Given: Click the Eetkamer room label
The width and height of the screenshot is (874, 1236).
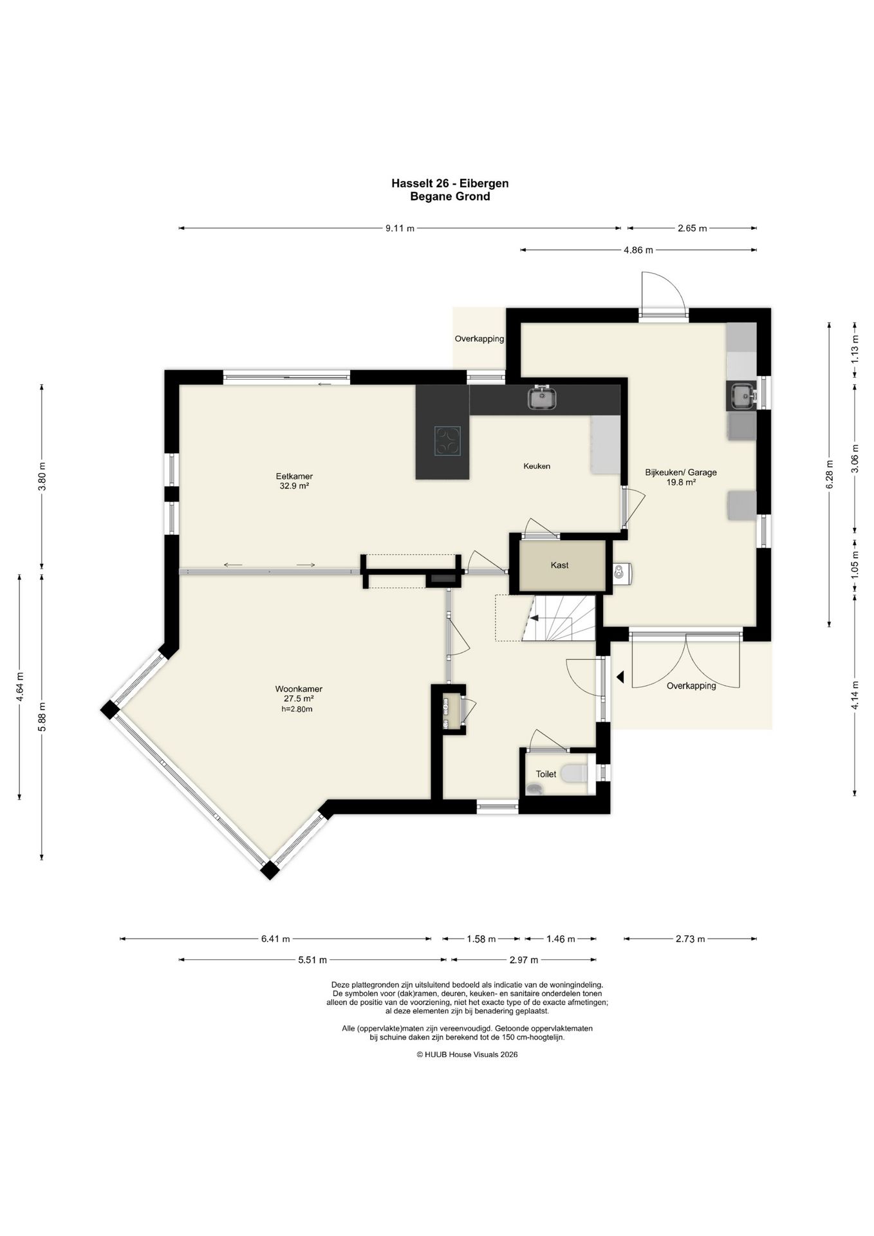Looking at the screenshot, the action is pyautogui.click(x=294, y=476).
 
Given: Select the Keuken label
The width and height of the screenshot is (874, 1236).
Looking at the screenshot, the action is pyautogui.click(x=537, y=466).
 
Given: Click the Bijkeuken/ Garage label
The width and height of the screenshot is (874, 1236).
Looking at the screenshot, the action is pyautogui.click(x=681, y=473).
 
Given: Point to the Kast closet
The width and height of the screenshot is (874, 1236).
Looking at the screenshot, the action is pyautogui.click(x=559, y=565).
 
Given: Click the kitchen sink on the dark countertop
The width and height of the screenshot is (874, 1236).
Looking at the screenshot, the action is pyautogui.click(x=543, y=398).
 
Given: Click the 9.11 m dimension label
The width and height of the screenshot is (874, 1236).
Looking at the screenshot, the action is pyautogui.click(x=400, y=229).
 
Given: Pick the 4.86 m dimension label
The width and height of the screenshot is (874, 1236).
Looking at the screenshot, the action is pyautogui.click(x=638, y=250).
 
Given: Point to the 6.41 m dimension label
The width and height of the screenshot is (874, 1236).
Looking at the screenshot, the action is pyautogui.click(x=275, y=939).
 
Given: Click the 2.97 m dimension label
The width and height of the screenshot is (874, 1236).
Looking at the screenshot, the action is pyautogui.click(x=523, y=960).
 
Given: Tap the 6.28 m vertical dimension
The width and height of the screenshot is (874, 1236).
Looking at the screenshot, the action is pyautogui.click(x=829, y=474).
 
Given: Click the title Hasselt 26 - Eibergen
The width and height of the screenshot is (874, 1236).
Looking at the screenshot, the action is pyautogui.click(x=450, y=183).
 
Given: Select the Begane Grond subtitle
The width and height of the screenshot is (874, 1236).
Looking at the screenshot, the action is pyautogui.click(x=450, y=197).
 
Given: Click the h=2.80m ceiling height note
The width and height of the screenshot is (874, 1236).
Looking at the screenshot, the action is pyautogui.click(x=297, y=709).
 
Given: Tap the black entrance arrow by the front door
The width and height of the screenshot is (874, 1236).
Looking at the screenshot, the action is pyautogui.click(x=620, y=677).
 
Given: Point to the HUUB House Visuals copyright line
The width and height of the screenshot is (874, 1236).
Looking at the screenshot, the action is pyautogui.click(x=467, y=1054).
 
